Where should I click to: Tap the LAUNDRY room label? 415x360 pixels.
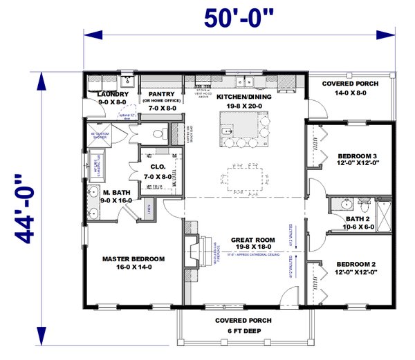(x=111, y=94)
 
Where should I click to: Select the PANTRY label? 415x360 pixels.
(x=160, y=94)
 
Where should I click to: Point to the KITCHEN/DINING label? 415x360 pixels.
(x=243, y=97)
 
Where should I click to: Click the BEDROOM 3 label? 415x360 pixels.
(x=356, y=155)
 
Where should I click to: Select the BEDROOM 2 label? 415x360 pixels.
(x=356, y=265)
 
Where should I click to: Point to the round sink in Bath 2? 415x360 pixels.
(x=344, y=204)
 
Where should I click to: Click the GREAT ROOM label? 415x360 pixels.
(x=243, y=240)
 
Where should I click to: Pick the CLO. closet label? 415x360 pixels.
(x=158, y=167)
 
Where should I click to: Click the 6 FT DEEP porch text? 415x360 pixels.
(x=243, y=331)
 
